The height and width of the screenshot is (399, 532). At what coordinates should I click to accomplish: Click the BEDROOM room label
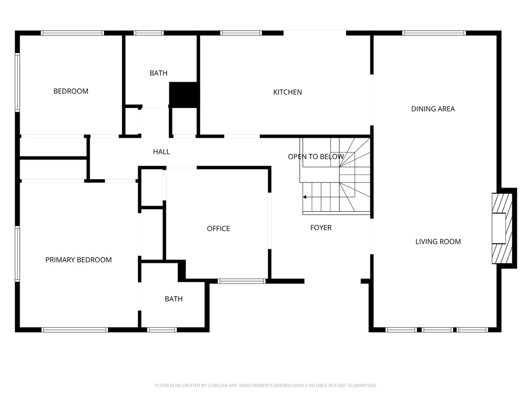pyautogui.click(x=71, y=91)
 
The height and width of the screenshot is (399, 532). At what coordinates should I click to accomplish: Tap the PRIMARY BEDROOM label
pyautogui.click(x=78, y=260)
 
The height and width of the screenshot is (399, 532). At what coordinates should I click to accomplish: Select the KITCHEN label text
pyautogui.click(x=287, y=92)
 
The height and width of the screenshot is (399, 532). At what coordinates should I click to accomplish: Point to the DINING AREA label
pyautogui.click(x=433, y=109)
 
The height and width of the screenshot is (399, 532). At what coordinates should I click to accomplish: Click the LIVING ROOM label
pyautogui.click(x=438, y=242)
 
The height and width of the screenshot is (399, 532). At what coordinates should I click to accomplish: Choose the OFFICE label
pyautogui.click(x=218, y=229)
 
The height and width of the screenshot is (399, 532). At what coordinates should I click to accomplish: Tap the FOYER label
pyautogui.click(x=321, y=228)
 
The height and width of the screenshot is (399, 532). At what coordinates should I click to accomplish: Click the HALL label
pyautogui.click(x=162, y=152)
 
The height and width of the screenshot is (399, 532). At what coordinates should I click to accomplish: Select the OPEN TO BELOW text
pyautogui.click(x=316, y=156)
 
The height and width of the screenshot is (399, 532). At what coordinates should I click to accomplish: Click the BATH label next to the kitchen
pyautogui.click(x=158, y=73)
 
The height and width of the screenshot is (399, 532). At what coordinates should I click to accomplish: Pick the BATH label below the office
pyautogui.click(x=174, y=299)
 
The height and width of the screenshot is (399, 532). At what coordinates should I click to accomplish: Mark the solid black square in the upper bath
pyautogui.click(x=184, y=95)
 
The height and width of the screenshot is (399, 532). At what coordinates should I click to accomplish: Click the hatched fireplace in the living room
pyautogui.click(x=502, y=229)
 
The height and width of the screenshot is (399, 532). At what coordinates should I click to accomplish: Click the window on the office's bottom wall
pyautogui.click(x=241, y=281)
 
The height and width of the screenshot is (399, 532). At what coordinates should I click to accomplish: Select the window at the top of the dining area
pyautogui.click(x=434, y=33)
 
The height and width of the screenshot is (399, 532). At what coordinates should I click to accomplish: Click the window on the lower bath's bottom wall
pyautogui.click(x=162, y=329)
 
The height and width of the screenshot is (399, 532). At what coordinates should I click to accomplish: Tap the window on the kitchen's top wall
pyautogui.click(x=241, y=33)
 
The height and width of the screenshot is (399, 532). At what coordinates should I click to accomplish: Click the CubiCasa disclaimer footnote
pyautogui.click(x=265, y=385)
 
